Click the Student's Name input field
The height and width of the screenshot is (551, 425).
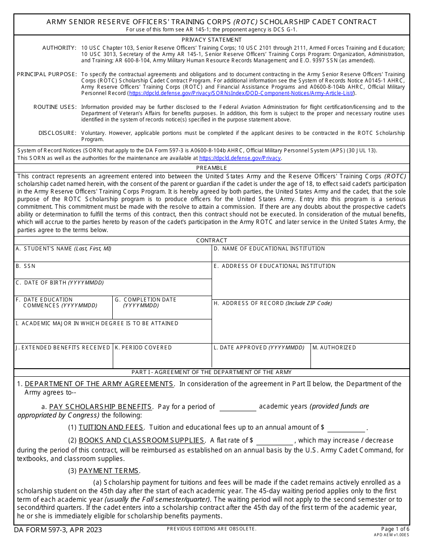113,257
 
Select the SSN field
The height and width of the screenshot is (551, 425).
113,273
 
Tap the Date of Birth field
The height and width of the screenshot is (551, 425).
113,290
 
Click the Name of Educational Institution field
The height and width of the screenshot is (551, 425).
310,257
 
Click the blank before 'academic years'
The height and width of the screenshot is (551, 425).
238,407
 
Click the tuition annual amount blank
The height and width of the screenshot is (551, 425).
346,428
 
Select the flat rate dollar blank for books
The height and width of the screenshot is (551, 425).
274,441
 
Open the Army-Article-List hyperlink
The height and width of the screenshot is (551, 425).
242,93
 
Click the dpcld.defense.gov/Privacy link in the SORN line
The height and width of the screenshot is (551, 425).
240,158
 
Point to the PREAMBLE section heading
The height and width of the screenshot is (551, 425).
212,168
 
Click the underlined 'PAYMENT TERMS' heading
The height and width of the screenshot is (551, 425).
109,471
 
